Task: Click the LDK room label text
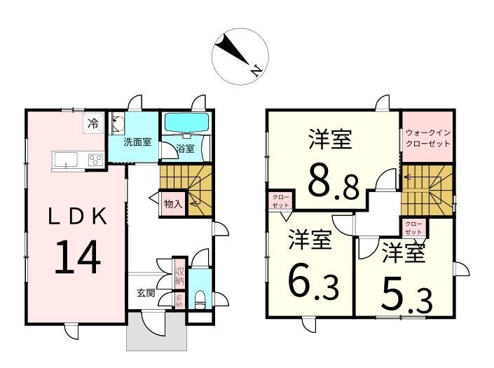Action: point(77,217)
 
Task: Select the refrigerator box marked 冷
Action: point(93,124)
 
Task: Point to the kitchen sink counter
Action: point(67,159)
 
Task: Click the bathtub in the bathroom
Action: point(186,123)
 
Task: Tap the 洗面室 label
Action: point(137,142)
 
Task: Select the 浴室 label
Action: point(185,149)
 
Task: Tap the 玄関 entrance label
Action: point(146,293)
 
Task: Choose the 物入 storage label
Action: point(172,205)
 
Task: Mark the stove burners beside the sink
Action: point(94,161)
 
